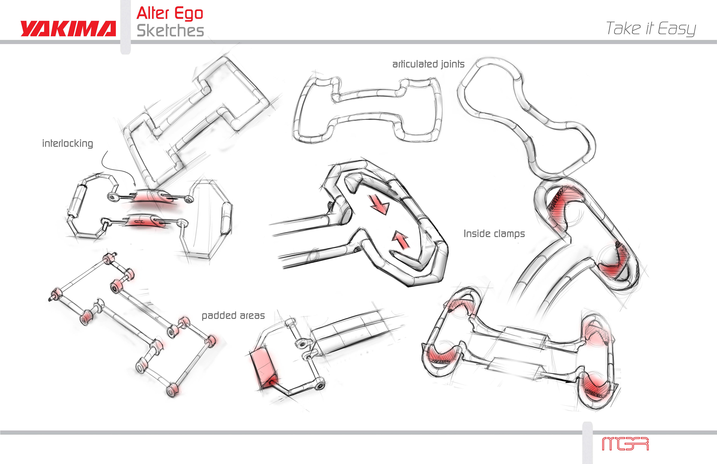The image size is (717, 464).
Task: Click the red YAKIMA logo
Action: click(x=68, y=29)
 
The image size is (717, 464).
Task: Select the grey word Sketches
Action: click(x=170, y=31)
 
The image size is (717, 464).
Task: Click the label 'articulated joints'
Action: click(x=428, y=64)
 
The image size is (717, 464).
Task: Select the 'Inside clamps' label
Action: click(x=494, y=234)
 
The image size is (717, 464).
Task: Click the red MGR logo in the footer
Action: click(x=625, y=444)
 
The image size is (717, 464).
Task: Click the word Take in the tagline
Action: click(x=623, y=29)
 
